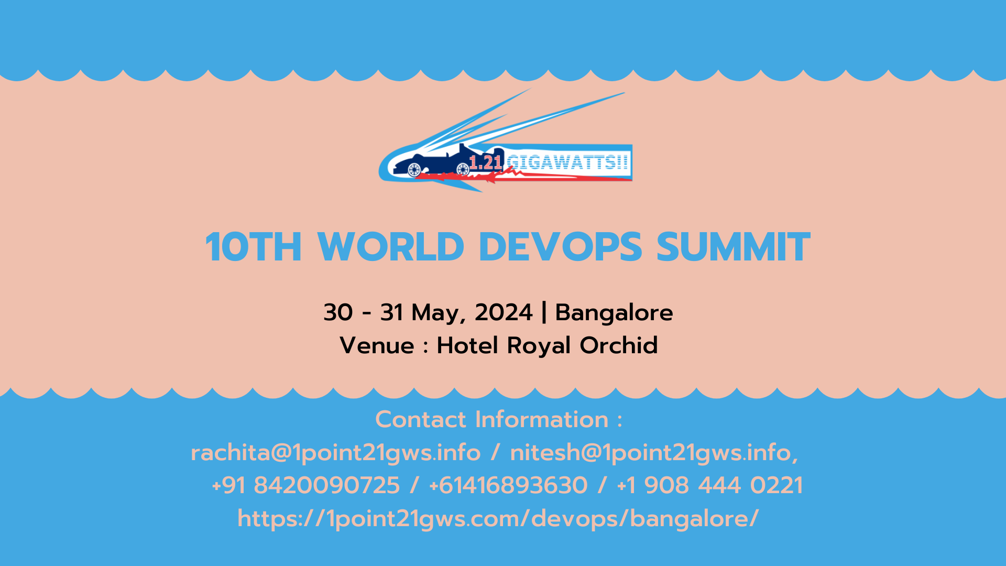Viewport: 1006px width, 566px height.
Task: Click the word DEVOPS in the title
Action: click(x=560, y=247)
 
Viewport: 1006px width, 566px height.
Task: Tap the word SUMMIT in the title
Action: click(x=733, y=247)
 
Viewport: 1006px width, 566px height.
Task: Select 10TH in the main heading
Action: click(x=254, y=247)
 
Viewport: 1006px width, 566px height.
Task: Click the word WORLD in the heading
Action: click(x=391, y=247)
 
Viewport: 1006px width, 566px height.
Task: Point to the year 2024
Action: click(x=503, y=312)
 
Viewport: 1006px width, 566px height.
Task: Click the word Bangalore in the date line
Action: click(x=614, y=312)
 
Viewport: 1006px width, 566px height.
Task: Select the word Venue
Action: click(x=377, y=345)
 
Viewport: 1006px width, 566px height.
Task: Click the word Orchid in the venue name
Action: click(x=618, y=345)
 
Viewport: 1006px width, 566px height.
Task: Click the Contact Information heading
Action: click(x=498, y=419)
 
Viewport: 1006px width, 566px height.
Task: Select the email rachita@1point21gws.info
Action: click(x=335, y=453)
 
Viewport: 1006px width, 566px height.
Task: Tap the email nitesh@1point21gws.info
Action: click(x=653, y=453)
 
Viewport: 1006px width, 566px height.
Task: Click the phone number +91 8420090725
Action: click(x=306, y=485)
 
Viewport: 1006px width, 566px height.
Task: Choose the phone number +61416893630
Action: click(x=508, y=485)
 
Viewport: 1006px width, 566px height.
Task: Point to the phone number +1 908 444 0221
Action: click(x=710, y=485)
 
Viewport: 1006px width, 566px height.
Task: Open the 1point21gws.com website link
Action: click(x=498, y=518)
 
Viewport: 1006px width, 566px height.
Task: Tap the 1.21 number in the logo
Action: click(x=486, y=162)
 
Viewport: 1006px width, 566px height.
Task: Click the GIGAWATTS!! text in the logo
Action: click(x=567, y=162)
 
